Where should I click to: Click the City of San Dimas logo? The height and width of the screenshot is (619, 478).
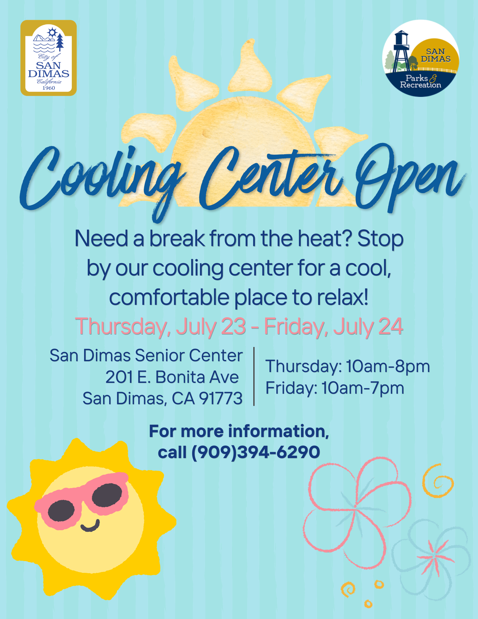click(49, 58)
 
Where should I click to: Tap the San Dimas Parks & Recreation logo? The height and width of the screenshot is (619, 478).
click(421, 58)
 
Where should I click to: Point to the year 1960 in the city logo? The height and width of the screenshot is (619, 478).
click(49, 88)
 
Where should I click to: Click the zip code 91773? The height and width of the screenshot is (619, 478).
click(221, 398)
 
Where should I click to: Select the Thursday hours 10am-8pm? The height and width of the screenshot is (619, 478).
click(388, 366)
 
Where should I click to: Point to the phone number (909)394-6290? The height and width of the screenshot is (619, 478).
click(256, 452)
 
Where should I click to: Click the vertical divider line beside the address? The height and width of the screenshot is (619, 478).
click(254, 376)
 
